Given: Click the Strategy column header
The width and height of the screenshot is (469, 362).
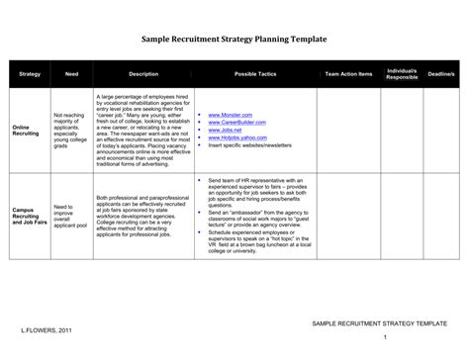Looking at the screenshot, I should point(29,74).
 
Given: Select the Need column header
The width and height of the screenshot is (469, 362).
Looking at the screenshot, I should point(71,74).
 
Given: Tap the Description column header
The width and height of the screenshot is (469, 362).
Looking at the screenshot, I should point(143,74).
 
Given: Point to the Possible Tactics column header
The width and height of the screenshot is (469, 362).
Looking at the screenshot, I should point(255,74).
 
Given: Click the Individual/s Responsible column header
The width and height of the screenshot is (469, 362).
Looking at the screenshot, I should point(402,74).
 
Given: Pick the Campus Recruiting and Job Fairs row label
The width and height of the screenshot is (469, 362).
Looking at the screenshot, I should point(30,216).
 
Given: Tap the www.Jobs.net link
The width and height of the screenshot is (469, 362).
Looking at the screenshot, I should point(227,131).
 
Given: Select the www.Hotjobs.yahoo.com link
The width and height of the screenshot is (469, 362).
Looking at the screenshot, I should point(237,137).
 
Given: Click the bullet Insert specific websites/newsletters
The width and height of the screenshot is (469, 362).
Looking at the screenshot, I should point(250,145).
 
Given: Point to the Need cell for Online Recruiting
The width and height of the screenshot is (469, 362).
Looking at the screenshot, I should point(71,131).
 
